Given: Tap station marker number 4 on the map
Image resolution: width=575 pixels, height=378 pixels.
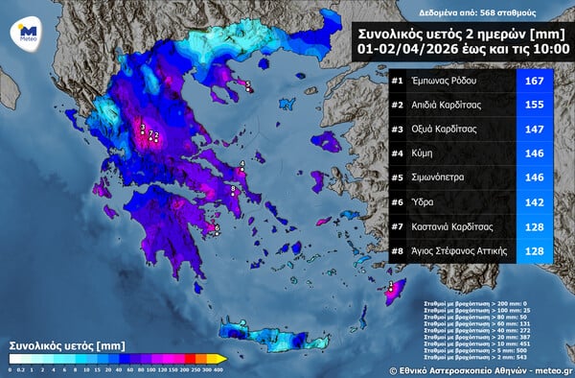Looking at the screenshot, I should coord(242,165).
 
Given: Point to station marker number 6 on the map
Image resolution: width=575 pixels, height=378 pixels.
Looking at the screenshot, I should coord(218,228).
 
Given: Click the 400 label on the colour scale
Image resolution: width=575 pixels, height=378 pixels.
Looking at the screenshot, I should coord(218,368).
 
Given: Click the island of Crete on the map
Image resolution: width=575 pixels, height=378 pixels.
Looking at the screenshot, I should coord(278,336).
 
